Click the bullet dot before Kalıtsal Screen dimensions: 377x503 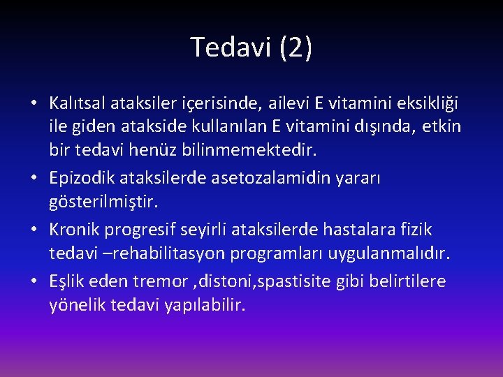[x=34, y=105]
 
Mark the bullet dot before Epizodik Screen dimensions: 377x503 [x=34, y=179]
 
